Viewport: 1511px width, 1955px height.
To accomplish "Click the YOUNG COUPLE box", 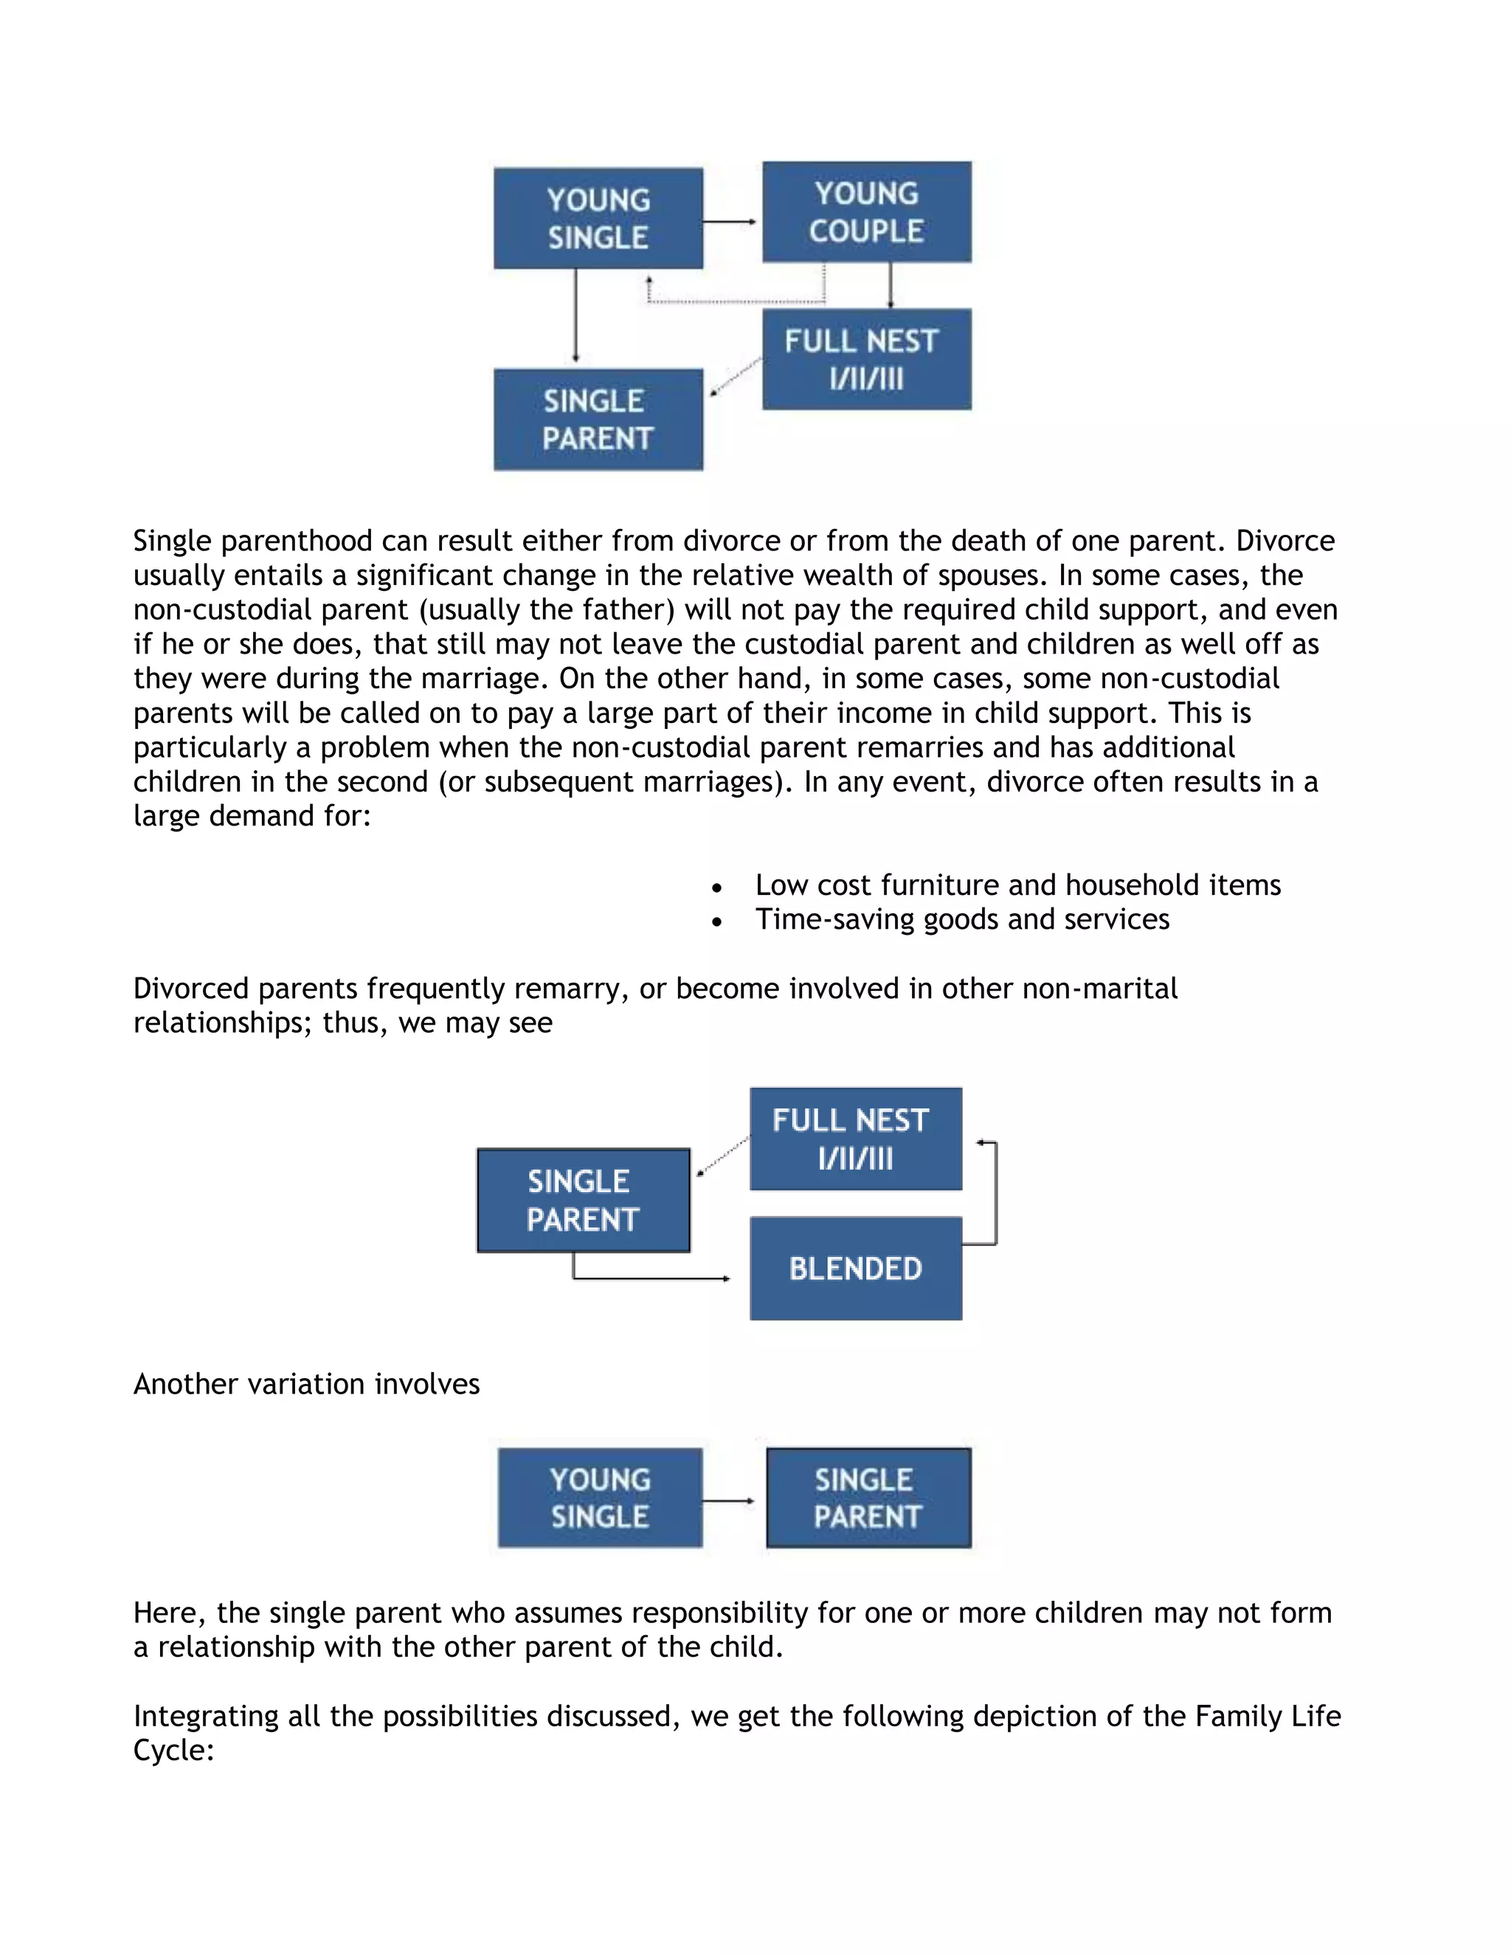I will pyautogui.click(x=866, y=212).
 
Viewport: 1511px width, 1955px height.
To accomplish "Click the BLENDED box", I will pyautogui.click(x=856, y=1267).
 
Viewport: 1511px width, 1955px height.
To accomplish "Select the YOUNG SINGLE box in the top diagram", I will pyautogui.click(x=598, y=218).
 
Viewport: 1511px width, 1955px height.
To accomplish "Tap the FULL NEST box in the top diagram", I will pyautogui.click(x=866, y=359).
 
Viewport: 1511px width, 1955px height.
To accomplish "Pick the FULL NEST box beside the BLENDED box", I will pyautogui.click(x=856, y=1138).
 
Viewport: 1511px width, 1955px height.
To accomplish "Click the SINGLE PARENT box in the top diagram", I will pyautogui.click(x=598, y=419).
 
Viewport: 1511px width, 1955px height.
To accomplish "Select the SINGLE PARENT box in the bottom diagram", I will pyautogui.click(x=868, y=1498).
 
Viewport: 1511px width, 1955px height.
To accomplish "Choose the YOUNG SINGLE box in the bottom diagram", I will pyautogui.click(x=600, y=1498).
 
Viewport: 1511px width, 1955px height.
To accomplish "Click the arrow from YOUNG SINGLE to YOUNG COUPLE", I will pyautogui.click(x=730, y=221).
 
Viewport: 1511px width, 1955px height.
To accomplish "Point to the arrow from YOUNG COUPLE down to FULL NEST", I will pyautogui.click(x=890, y=285).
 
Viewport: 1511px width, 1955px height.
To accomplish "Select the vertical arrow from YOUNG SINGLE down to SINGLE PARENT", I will pyautogui.click(x=575, y=317).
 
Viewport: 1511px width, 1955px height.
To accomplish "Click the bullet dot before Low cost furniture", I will pyautogui.click(x=716, y=887).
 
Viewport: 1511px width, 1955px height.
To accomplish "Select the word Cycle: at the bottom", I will pyautogui.click(x=173, y=1750).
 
